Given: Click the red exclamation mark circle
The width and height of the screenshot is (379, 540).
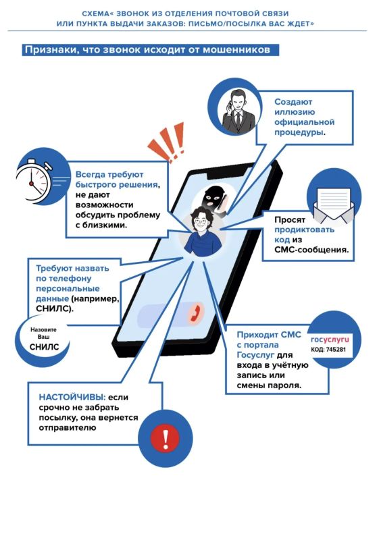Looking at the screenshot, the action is [166, 438].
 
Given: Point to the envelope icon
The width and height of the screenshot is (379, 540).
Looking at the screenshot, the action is [333, 206].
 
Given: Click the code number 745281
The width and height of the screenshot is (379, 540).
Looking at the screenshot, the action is [335, 350].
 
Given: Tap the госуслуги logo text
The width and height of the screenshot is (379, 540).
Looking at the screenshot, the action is [330, 340].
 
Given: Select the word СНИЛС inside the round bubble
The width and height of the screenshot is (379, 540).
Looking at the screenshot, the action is [44, 347].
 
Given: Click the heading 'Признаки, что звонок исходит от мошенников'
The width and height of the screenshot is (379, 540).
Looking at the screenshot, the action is [147, 49].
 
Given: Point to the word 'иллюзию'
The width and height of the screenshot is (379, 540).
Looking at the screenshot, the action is [295, 112].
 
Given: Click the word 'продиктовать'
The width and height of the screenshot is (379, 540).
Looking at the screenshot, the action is [304, 230].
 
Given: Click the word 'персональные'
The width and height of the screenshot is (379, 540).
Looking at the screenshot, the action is [68, 288].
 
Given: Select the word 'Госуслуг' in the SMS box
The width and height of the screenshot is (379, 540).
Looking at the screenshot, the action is [255, 355].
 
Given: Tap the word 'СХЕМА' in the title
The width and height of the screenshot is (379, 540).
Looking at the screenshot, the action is [95, 13].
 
